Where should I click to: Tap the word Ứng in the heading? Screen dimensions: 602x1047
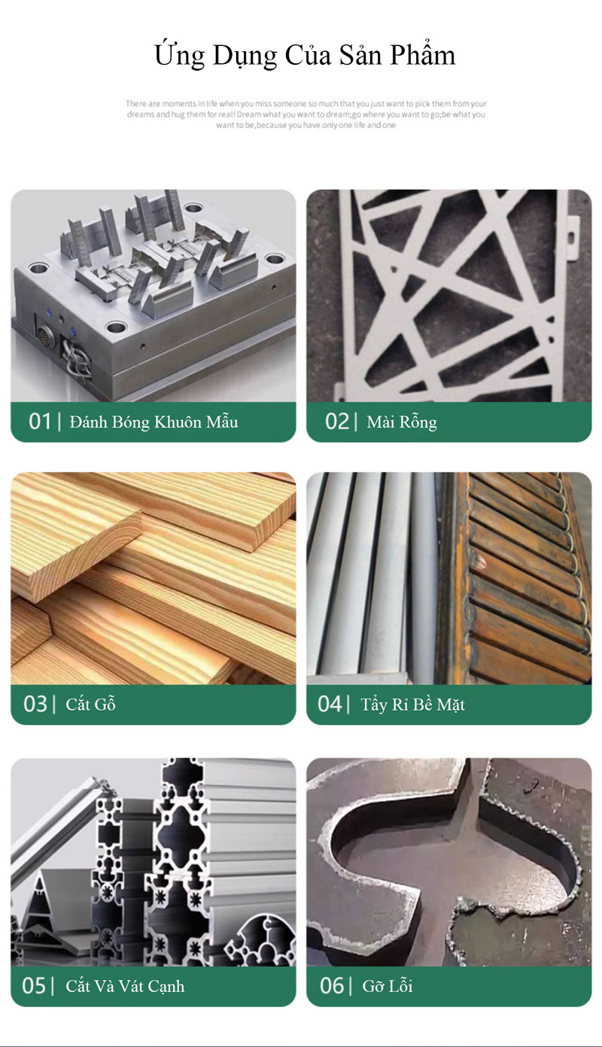click(x=179, y=55)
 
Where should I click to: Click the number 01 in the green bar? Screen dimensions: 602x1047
click(x=39, y=422)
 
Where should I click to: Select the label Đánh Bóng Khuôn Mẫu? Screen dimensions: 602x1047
click(x=154, y=422)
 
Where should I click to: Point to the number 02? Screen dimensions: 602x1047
click(x=337, y=422)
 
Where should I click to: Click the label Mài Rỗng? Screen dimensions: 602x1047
click(x=402, y=422)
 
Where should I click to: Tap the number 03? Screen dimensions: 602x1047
click(x=35, y=704)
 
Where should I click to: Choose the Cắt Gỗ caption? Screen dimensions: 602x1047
click(x=90, y=704)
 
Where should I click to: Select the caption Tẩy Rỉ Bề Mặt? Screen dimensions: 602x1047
click(x=412, y=705)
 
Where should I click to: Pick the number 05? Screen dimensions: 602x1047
click(x=34, y=986)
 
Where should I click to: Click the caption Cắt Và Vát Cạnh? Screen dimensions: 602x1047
click(x=125, y=986)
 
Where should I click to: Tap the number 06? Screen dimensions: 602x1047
click(x=332, y=986)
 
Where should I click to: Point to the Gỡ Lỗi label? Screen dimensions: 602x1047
click(x=388, y=986)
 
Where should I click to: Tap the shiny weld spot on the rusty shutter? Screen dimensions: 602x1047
click(x=479, y=563)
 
